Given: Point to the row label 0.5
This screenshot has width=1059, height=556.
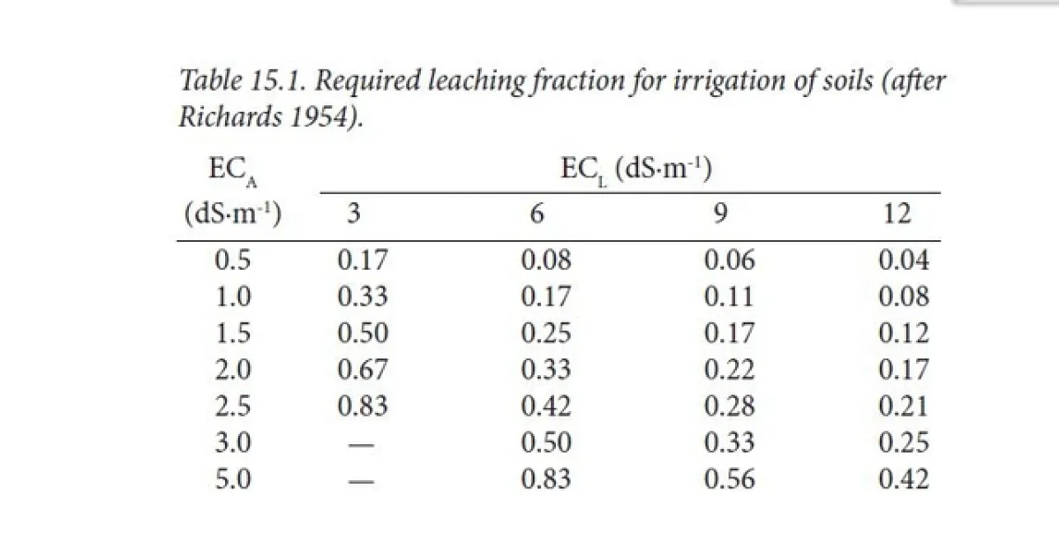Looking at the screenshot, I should click(x=233, y=260).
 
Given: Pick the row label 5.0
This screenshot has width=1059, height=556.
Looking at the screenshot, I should click(x=233, y=479).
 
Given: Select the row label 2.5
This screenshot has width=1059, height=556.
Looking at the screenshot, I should click(x=233, y=406).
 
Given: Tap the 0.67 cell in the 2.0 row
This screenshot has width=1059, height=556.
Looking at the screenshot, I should click(x=363, y=370).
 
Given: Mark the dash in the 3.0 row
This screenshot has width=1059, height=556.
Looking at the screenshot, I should click(x=362, y=444).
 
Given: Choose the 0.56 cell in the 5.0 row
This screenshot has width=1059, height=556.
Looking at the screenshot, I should click(x=729, y=479).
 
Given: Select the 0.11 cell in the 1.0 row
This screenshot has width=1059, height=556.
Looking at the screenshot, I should click(x=729, y=297).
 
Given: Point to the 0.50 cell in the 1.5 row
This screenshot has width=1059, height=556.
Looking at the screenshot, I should click(x=363, y=334).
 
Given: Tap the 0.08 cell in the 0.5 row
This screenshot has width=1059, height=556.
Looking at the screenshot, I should click(x=546, y=260).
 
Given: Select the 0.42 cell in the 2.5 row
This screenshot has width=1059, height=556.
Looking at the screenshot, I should click(x=546, y=406).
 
